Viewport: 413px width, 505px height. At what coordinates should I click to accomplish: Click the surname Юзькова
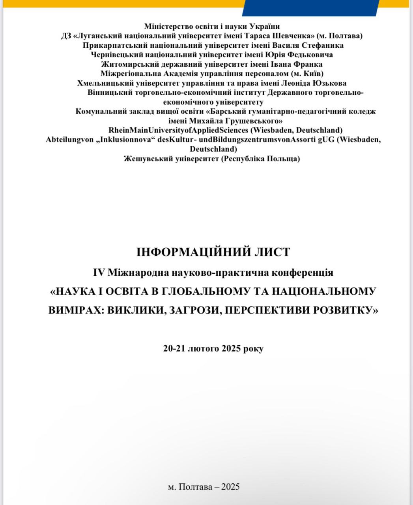tap(328, 83)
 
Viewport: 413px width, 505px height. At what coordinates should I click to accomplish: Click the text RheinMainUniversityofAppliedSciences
tap(179, 130)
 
